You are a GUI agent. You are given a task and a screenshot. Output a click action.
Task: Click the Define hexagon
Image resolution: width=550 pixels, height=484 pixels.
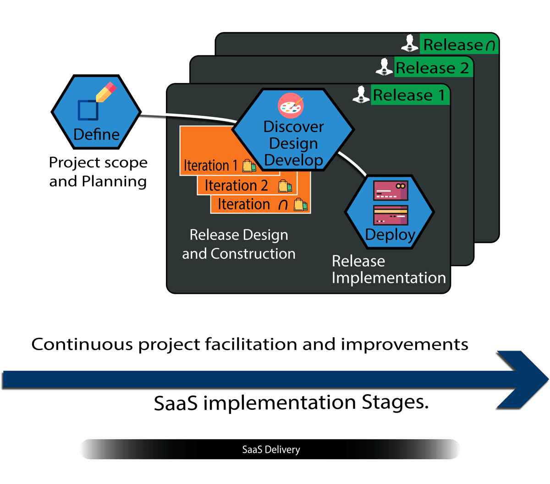pyautogui.click(x=96, y=112)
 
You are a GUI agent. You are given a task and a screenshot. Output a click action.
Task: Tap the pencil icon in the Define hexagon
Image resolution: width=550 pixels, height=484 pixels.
pyautogui.click(x=106, y=93)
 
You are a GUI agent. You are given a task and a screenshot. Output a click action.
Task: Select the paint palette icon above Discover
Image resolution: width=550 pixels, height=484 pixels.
pyautogui.click(x=291, y=107)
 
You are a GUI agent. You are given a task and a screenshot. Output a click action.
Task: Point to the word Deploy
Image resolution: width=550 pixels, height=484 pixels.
pyautogui.click(x=390, y=234)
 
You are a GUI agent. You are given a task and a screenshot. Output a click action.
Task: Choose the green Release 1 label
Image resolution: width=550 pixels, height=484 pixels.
pyautogui.click(x=409, y=95)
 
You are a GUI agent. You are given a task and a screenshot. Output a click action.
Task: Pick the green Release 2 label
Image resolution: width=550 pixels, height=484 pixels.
pyautogui.click(x=432, y=68)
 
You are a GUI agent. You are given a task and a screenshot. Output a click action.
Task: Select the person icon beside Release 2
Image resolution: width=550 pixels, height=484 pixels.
pyautogui.click(x=384, y=67)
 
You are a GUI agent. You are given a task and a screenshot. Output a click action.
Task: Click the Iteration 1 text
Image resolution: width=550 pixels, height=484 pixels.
pyautogui.click(x=210, y=165)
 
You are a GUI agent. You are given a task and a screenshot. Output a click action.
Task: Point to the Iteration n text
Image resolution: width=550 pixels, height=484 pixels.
pyautogui.click(x=253, y=204)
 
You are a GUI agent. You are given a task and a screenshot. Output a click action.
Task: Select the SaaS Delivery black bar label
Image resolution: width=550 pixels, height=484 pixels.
pyautogui.click(x=271, y=449)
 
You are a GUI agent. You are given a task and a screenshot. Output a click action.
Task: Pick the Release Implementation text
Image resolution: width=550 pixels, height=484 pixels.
pyautogui.click(x=388, y=269)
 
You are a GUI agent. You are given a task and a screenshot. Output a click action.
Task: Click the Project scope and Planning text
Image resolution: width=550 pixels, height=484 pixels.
pyautogui.click(x=98, y=172)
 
